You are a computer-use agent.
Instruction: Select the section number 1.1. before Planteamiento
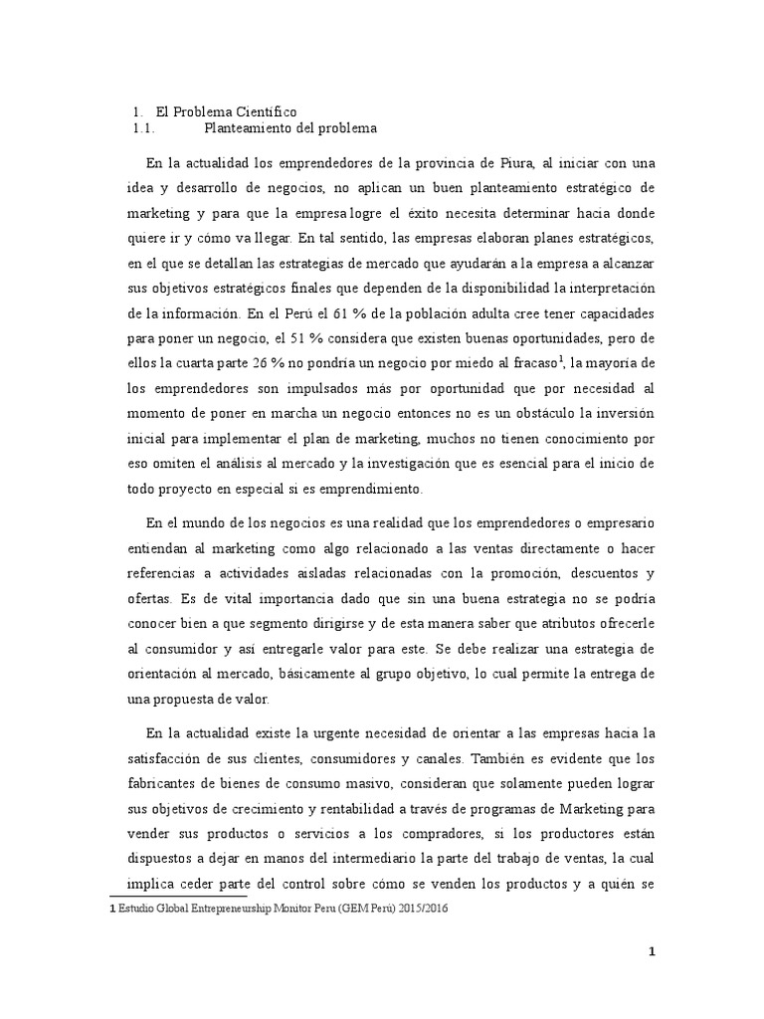pyautogui.click(x=146, y=128)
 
